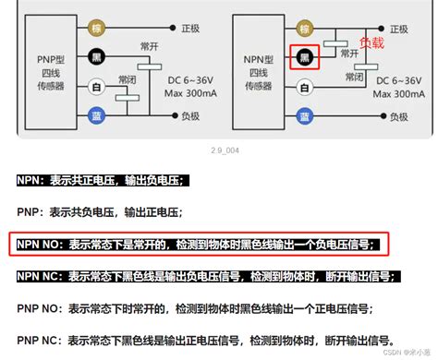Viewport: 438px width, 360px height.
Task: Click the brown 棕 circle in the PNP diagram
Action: click(x=96, y=29)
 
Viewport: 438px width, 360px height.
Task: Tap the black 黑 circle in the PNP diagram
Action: click(x=96, y=57)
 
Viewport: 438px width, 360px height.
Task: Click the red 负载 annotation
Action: click(x=371, y=42)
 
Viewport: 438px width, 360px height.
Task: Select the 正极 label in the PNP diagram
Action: click(x=190, y=29)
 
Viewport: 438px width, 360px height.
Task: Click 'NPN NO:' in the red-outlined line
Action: click(x=43, y=244)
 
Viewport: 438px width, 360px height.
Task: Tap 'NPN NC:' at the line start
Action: click(x=43, y=276)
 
